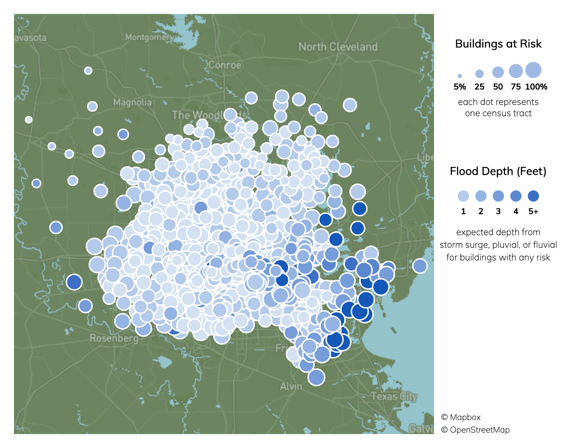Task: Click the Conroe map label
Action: (x=224, y=65)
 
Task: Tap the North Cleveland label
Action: (x=338, y=47)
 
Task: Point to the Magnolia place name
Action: (x=132, y=102)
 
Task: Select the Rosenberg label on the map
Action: (x=114, y=338)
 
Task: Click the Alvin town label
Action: (x=291, y=386)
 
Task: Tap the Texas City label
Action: (x=394, y=396)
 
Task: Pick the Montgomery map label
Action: (x=149, y=37)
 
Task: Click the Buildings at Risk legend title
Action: (x=498, y=44)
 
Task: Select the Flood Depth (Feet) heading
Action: (x=498, y=171)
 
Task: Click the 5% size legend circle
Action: (x=460, y=76)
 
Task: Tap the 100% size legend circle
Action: (x=533, y=70)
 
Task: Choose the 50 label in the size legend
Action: (x=498, y=87)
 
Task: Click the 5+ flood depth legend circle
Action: (x=533, y=196)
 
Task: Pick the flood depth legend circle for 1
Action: (x=463, y=196)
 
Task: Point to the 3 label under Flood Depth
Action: (x=498, y=212)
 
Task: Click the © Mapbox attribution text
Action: (x=461, y=417)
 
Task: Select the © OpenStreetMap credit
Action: (x=475, y=430)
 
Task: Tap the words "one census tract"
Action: (x=498, y=113)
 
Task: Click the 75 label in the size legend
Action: (x=516, y=87)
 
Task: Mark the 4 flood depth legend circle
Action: (x=516, y=196)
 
